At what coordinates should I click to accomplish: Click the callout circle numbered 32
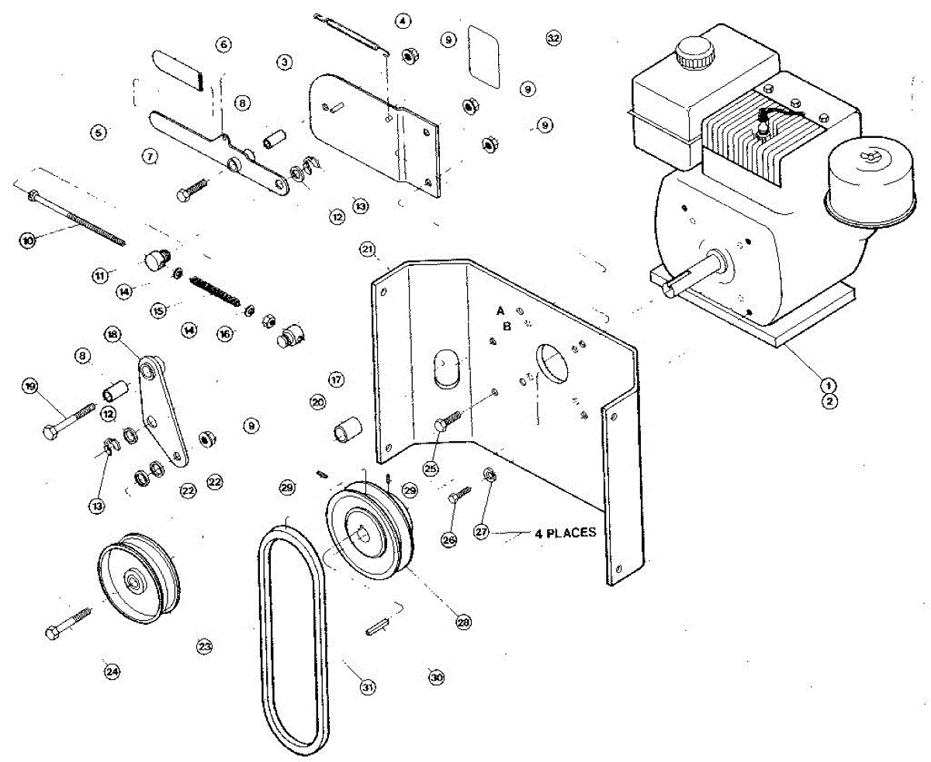(x=553, y=38)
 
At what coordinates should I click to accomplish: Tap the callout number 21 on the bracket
(x=368, y=250)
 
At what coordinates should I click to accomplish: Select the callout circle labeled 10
(x=28, y=241)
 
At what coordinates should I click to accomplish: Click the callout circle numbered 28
(x=463, y=622)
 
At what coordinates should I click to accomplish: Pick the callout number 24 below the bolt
(x=112, y=671)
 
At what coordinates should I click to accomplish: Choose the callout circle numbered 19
(x=31, y=386)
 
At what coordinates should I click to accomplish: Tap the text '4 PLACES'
(x=565, y=533)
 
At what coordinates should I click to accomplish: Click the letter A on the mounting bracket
(x=501, y=309)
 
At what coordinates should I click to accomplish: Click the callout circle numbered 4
(x=401, y=21)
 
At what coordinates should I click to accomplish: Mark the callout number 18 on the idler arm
(x=112, y=334)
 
